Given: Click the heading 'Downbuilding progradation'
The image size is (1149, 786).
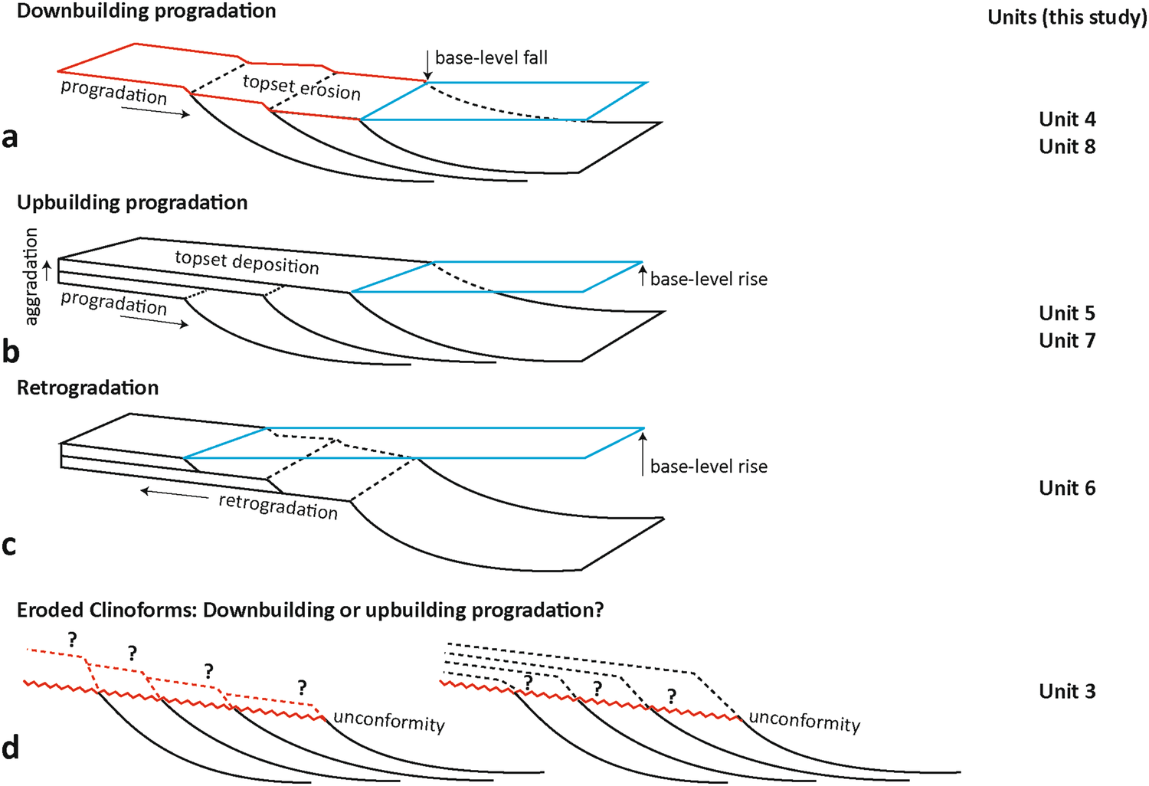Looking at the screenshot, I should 146,11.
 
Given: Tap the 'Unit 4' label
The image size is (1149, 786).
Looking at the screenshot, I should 1067,120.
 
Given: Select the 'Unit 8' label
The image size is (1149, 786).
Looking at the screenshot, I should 1067,146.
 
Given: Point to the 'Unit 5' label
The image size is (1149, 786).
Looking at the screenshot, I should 1067,313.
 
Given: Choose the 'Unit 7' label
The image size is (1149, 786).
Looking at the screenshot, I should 1067,340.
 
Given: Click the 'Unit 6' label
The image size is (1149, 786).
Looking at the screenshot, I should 1067,488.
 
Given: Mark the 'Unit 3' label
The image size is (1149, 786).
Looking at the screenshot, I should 1067,691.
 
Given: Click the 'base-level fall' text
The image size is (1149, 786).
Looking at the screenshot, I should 491,57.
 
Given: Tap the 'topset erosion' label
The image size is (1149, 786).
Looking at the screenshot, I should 302,87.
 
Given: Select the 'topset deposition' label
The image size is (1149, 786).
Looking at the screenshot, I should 247,262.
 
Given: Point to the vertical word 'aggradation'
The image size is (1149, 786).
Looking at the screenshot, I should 31,277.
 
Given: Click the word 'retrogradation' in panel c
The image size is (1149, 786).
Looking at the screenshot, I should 278,506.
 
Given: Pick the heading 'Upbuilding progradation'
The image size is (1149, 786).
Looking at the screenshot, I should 133,202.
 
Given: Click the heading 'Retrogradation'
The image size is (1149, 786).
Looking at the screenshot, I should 87,388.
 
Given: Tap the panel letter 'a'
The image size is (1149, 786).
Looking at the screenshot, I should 10,137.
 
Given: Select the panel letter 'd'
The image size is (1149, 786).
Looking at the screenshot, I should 10,747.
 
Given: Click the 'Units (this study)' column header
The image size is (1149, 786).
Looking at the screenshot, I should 1067,17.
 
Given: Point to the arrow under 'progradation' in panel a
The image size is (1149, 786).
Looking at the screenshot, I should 155,112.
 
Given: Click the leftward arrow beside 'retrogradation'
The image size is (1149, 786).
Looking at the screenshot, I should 175,493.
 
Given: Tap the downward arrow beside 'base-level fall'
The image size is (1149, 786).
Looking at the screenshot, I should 427,65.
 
